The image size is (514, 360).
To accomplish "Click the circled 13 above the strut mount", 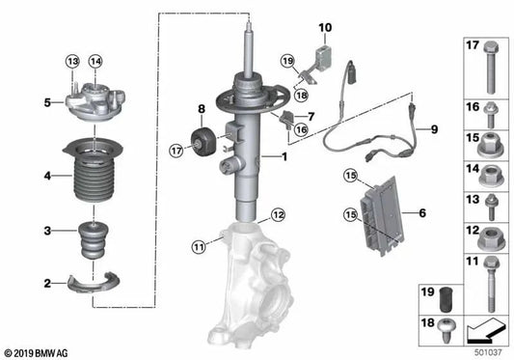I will (x=70, y=62).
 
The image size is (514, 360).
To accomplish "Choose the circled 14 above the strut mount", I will (x=95, y=62).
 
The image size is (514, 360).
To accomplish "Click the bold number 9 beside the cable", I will (x=434, y=128).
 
